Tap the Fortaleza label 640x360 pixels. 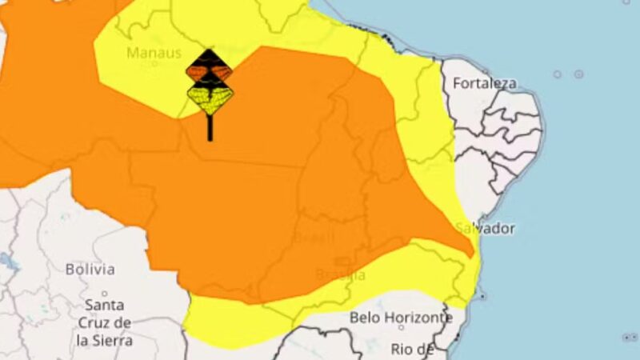point(485,83)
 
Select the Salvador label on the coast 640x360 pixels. point(486,228)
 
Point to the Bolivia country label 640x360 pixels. point(90,270)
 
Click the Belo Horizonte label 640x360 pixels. point(401,318)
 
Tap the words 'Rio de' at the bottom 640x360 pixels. point(413,349)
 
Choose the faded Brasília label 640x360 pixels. point(342,275)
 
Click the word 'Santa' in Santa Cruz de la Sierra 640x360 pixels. point(104,306)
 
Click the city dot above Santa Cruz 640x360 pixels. point(105,293)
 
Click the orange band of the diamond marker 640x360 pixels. point(210,73)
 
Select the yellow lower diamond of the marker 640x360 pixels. point(210,99)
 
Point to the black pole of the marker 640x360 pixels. point(210,128)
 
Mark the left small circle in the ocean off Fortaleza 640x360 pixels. point(558,74)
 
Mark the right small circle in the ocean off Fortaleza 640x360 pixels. point(578,74)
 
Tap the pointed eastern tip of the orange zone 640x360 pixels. point(473,254)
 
